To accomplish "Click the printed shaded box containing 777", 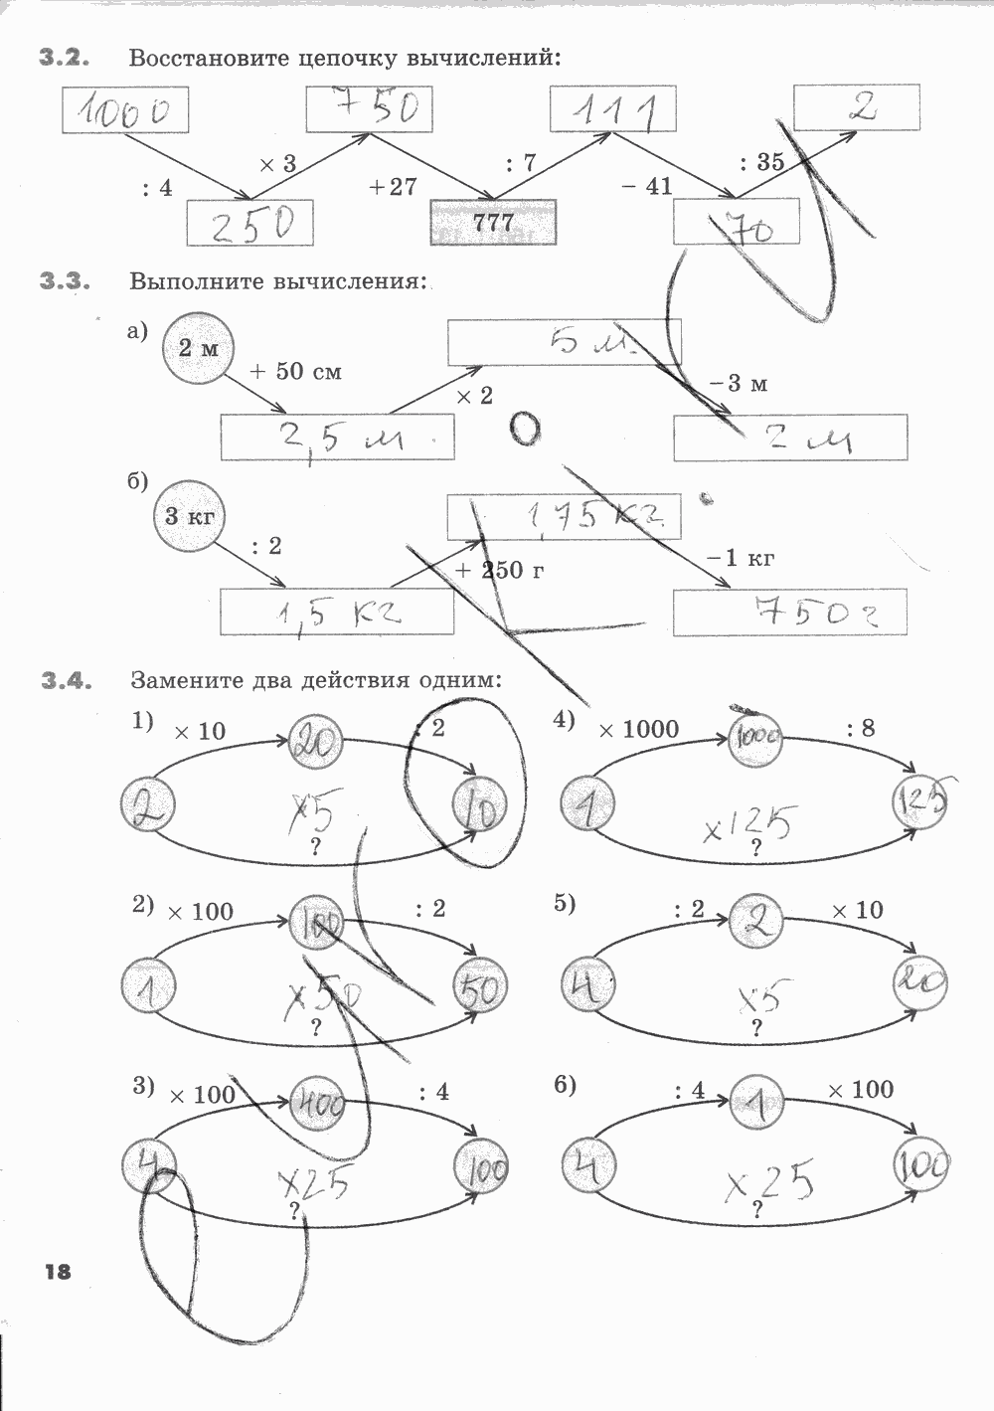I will pyautogui.click(x=493, y=223).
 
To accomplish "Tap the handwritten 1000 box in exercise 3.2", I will pyautogui.click(x=125, y=110).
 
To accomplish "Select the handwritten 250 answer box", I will pyautogui.click(x=250, y=224).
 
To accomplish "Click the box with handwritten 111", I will pyautogui.click(x=613, y=109).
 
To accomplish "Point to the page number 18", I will pyautogui.click(x=58, y=1270).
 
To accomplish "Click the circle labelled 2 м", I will pyautogui.click(x=197, y=349).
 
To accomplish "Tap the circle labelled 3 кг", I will pyautogui.click(x=190, y=516).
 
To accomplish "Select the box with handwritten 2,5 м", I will pyautogui.click(x=338, y=438).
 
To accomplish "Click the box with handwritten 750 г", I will pyautogui.click(x=790, y=613).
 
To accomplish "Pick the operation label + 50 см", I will pyautogui.click(x=295, y=372).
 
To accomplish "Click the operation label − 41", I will pyautogui.click(x=647, y=186).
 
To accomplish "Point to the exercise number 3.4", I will pyautogui.click(x=66, y=682).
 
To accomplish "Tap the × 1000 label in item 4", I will pyautogui.click(x=638, y=730).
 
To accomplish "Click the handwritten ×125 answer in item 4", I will pyautogui.click(x=749, y=824).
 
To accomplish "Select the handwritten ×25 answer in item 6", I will pyautogui.click(x=769, y=1182).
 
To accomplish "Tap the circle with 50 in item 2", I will pyautogui.click(x=481, y=988).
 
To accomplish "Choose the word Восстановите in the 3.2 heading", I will pyautogui.click(x=210, y=58).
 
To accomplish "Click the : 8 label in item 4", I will pyautogui.click(x=861, y=729).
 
